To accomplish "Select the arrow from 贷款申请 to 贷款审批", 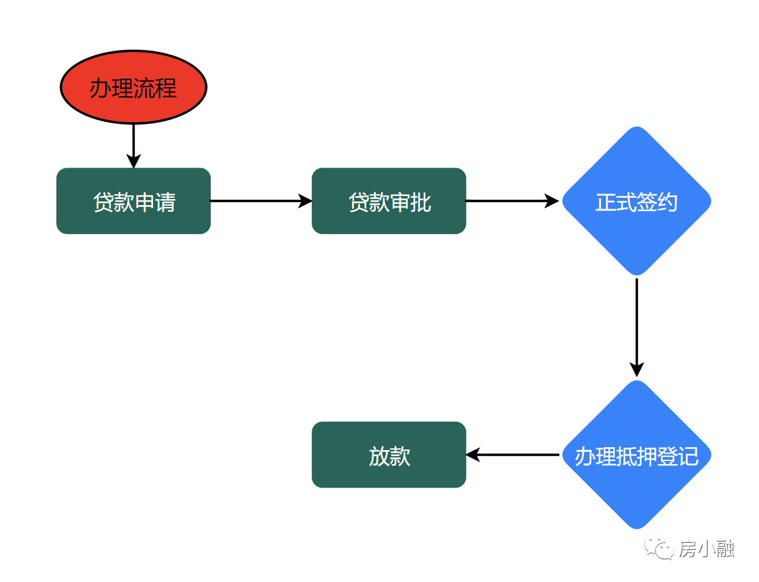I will click(260, 201).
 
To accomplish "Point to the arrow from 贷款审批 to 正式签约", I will click(511, 201).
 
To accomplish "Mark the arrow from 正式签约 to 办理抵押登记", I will click(636, 327).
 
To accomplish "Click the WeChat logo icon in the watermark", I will click(659, 549).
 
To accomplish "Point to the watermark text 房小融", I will click(706, 549).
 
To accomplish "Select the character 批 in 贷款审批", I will click(421, 202).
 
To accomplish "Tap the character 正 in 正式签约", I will click(605, 202).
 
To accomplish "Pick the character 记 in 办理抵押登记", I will click(688, 456).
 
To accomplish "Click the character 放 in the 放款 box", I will click(379, 456).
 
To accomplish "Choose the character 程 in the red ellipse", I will click(166, 88).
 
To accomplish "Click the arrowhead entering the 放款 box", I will click(473, 454).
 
